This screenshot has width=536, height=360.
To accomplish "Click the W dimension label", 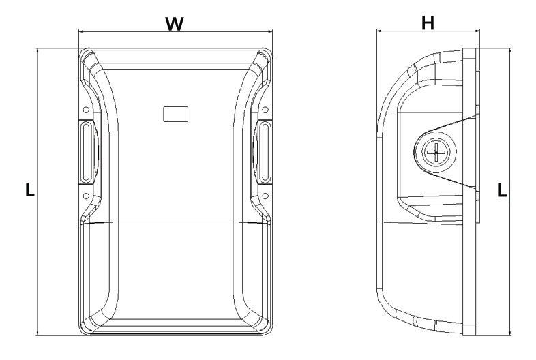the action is click(x=175, y=24).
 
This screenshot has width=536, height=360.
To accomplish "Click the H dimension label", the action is click(x=428, y=23).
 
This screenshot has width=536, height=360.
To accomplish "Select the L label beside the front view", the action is click(x=30, y=190).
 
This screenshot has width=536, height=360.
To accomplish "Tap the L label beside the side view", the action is click(x=502, y=190).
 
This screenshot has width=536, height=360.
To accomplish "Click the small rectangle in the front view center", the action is click(x=176, y=114).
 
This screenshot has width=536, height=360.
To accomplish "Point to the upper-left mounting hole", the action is click(x=86, y=110).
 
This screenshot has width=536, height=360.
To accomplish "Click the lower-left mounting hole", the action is click(x=86, y=196).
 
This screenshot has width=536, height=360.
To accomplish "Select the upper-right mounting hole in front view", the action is click(x=265, y=110).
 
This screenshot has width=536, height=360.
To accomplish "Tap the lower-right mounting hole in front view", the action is click(x=265, y=196).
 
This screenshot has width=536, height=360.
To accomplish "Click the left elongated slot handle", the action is click(x=86, y=153).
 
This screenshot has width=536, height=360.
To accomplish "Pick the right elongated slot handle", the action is click(x=265, y=153).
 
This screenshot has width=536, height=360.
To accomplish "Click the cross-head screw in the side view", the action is click(x=436, y=152).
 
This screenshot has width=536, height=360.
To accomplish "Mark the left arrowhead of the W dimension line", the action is click(x=80, y=31).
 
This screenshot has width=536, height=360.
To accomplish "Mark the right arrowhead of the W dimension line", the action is click(x=271, y=31).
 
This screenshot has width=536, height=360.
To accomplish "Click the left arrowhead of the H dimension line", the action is click(x=378, y=31).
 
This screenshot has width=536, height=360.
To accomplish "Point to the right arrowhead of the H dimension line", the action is click(x=478, y=31).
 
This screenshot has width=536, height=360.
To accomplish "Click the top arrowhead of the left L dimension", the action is click(x=37, y=51).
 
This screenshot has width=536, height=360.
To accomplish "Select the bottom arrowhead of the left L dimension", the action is click(x=37, y=333).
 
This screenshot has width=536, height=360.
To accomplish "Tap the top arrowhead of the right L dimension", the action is click(x=509, y=50).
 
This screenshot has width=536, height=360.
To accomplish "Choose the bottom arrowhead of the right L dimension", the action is click(x=509, y=333).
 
